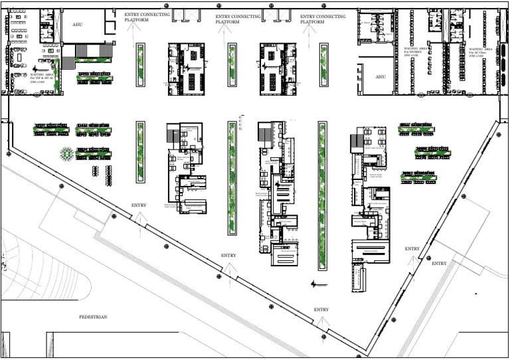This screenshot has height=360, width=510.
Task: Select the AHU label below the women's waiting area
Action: (x=381, y=76)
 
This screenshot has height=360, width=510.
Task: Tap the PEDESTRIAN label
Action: (x=93, y=317)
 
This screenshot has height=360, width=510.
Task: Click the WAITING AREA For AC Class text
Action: (x=480, y=51)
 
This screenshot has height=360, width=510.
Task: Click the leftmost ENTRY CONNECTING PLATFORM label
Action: (x=146, y=17)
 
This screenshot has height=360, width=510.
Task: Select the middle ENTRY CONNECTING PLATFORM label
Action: (x=238, y=17)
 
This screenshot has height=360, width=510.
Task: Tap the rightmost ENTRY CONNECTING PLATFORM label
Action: (x=322, y=17)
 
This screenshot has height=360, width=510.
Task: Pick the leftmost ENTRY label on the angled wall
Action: (x=139, y=205)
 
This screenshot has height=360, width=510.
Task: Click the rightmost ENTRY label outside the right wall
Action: (x=439, y=264)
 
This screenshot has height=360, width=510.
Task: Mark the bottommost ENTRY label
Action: (x=321, y=310)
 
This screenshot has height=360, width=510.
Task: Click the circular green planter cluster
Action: (x=66, y=153)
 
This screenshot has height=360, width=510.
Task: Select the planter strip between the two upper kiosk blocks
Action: (x=232, y=64)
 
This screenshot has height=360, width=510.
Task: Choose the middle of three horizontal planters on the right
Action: (x=432, y=153)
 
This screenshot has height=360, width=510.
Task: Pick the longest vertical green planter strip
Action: (x=323, y=195)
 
